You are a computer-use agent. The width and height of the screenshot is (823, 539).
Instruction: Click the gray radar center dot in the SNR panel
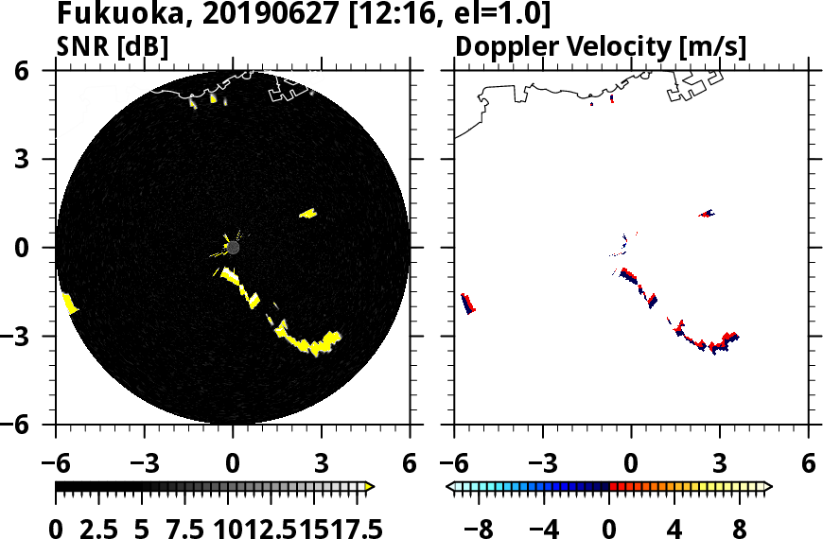(x=234, y=248)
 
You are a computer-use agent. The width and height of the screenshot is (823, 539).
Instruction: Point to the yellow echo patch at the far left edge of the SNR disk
(x=69, y=304)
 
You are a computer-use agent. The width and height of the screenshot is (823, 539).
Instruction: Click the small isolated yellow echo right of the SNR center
(x=308, y=214)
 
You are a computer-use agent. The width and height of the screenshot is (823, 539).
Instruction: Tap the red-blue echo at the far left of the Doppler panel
(x=468, y=304)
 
